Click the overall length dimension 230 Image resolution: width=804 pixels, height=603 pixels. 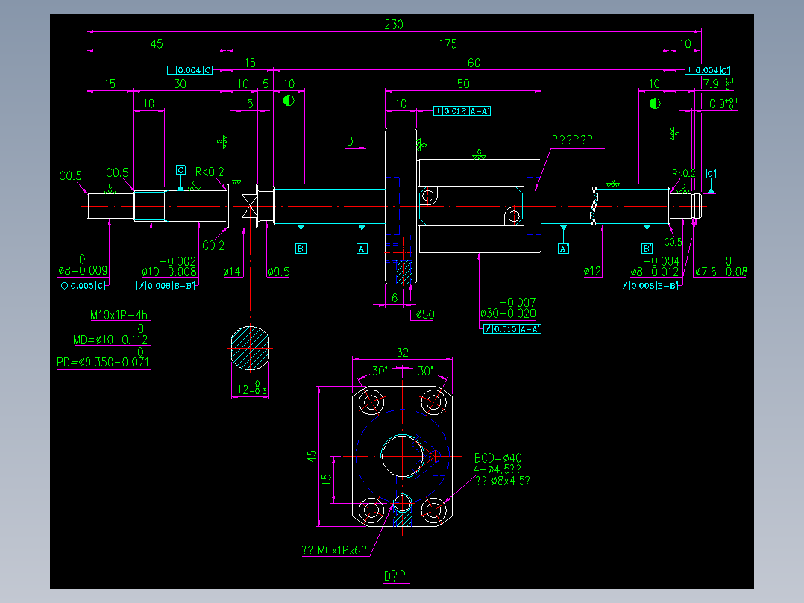click(x=393, y=25)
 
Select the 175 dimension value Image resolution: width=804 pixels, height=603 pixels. click(x=447, y=44)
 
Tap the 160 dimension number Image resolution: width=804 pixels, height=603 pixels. click(x=471, y=63)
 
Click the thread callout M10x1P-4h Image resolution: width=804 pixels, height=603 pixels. click(x=119, y=315)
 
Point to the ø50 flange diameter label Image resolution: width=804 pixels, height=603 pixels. click(x=424, y=315)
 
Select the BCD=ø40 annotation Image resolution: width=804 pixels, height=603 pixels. click(x=498, y=458)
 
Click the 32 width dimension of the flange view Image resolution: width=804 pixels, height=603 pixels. click(x=403, y=352)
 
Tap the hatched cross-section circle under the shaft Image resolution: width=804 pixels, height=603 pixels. click(x=249, y=348)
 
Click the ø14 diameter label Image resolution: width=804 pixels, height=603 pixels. click(x=232, y=272)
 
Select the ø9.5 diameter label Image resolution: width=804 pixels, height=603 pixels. click(x=278, y=272)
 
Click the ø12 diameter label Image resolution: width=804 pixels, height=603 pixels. click(x=592, y=272)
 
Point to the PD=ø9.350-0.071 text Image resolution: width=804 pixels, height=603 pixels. click(x=104, y=363)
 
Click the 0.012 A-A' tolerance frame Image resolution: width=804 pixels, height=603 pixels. click(x=462, y=111)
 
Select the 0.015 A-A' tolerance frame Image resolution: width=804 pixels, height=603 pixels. click(x=512, y=328)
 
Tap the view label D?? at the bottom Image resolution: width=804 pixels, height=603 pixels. click(x=395, y=576)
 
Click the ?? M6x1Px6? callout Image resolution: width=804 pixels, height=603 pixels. click(x=335, y=551)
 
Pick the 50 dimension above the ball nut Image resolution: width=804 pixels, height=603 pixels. click(x=462, y=84)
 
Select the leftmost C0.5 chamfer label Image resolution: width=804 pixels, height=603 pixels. click(x=71, y=177)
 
